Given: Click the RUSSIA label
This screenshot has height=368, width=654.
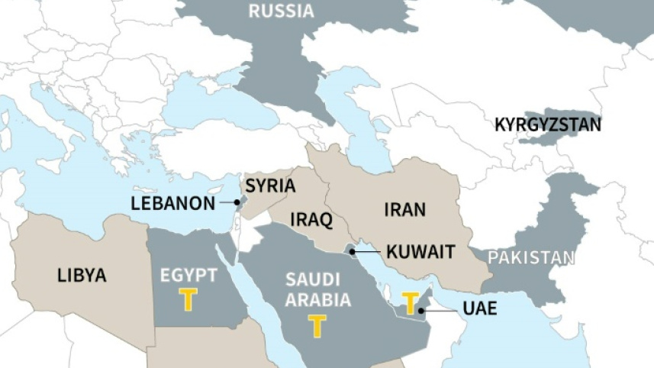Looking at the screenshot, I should click(281, 11).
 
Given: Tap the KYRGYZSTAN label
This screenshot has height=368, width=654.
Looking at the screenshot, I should click(548, 124).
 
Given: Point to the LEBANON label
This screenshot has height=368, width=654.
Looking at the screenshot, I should click(173, 203).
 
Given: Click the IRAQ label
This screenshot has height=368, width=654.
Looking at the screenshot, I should click(311, 221).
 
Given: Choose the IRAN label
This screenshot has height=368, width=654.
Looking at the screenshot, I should click(405, 209).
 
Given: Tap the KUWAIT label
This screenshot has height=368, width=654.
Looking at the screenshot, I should click(420, 251).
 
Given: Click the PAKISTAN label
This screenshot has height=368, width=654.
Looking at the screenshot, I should click(531, 257).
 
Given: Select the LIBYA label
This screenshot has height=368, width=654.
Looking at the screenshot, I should click(82, 276).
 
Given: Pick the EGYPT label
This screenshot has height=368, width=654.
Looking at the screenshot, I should click(188, 276).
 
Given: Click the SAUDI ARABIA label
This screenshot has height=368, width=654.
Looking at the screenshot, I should click(317, 290).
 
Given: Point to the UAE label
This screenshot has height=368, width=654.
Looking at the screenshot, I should click(479, 309).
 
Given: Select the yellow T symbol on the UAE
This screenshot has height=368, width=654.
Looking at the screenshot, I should click(411, 302).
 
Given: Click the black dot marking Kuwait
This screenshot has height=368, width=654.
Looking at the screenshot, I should click(352, 250).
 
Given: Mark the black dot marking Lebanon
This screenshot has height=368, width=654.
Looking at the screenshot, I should click(237, 203).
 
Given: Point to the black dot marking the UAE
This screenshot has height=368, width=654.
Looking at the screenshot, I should click(420, 310).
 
